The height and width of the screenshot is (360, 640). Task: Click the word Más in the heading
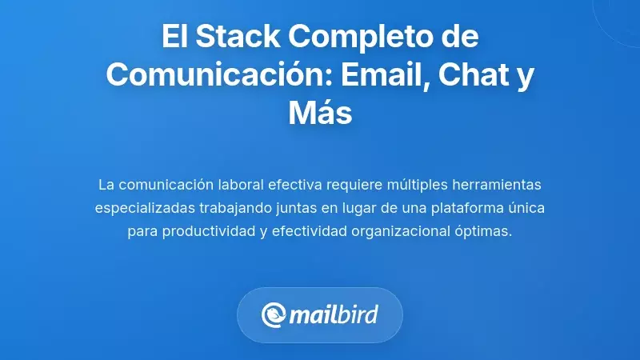click(x=320, y=113)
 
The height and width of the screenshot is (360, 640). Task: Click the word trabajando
click(x=235, y=208)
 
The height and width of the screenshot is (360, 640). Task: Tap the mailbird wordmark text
click(x=335, y=315)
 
